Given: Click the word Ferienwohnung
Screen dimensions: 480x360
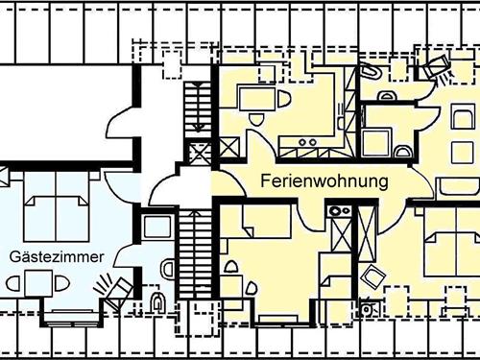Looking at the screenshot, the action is click(324, 180).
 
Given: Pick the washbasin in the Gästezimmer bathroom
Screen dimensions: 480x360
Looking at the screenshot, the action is click(166, 266).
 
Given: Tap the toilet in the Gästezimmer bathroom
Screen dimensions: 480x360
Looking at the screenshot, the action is click(158, 303).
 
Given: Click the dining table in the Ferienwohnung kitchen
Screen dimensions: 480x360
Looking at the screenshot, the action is click(253, 97).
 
